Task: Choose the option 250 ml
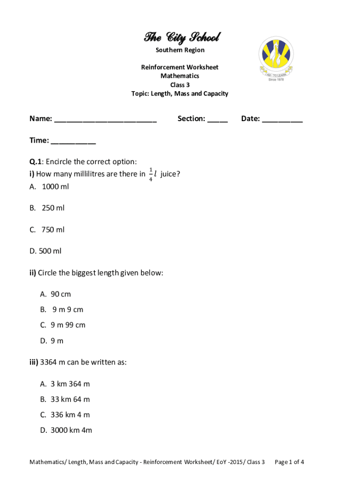[53, 208]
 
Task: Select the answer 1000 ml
[55, 186]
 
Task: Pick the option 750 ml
[53, 229]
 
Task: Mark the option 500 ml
[50, 251]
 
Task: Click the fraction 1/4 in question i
[151, 174]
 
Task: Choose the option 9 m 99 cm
[68, 325]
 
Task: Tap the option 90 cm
[61, 294]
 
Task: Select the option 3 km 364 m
[70, 384]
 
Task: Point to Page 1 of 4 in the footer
[289, 462]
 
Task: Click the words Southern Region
[180, 50]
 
